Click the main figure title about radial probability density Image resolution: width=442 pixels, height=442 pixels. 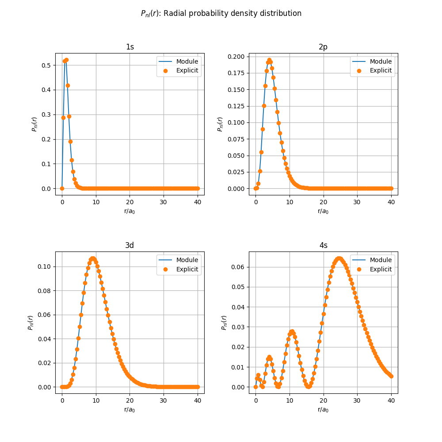(x=221, y=13)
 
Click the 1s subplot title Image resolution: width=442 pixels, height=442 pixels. (x=130, y=47)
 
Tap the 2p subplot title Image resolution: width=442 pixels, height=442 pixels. (x=323, y=47)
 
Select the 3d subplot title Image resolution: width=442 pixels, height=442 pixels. (x=130, y=245)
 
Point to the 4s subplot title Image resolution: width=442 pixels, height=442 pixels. (x=323, y=245)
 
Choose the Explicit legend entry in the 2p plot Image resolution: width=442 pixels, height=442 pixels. (x=381, y=70)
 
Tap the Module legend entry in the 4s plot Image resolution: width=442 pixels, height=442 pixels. (x=381, y=260)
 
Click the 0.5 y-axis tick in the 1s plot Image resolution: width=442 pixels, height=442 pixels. (x=46, y=65)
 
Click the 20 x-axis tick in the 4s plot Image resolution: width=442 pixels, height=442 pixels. (x=324, y=400)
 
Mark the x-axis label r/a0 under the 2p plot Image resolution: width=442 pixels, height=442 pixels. (x=323, y=211)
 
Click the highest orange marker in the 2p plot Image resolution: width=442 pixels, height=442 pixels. (x=269, y=60)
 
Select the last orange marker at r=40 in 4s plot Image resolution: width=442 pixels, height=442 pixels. (x=391, y=376)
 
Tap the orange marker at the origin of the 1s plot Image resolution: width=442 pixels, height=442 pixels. (x=62, y=188)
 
